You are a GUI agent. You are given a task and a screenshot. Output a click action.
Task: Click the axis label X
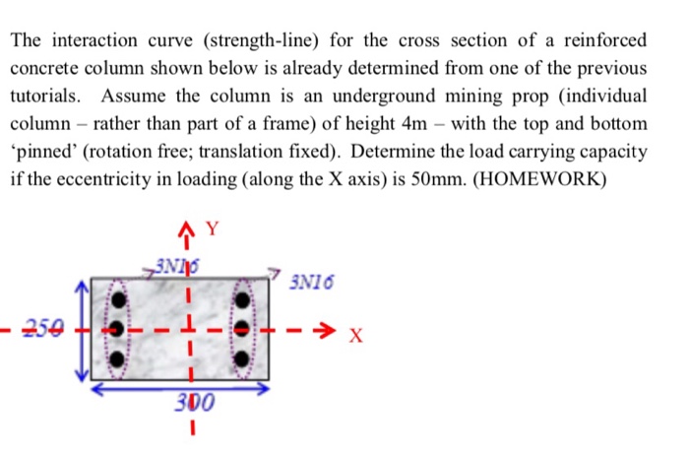(357, 333)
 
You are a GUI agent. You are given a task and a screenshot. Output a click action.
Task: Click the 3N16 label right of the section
(312, 284)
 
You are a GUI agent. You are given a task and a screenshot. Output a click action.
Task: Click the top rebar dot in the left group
(117, 298)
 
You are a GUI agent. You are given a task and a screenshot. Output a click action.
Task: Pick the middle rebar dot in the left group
(117, 328)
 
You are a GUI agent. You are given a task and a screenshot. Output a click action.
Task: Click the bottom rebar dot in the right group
(240, 358)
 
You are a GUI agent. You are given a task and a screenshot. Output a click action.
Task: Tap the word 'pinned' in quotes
(43, 153)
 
